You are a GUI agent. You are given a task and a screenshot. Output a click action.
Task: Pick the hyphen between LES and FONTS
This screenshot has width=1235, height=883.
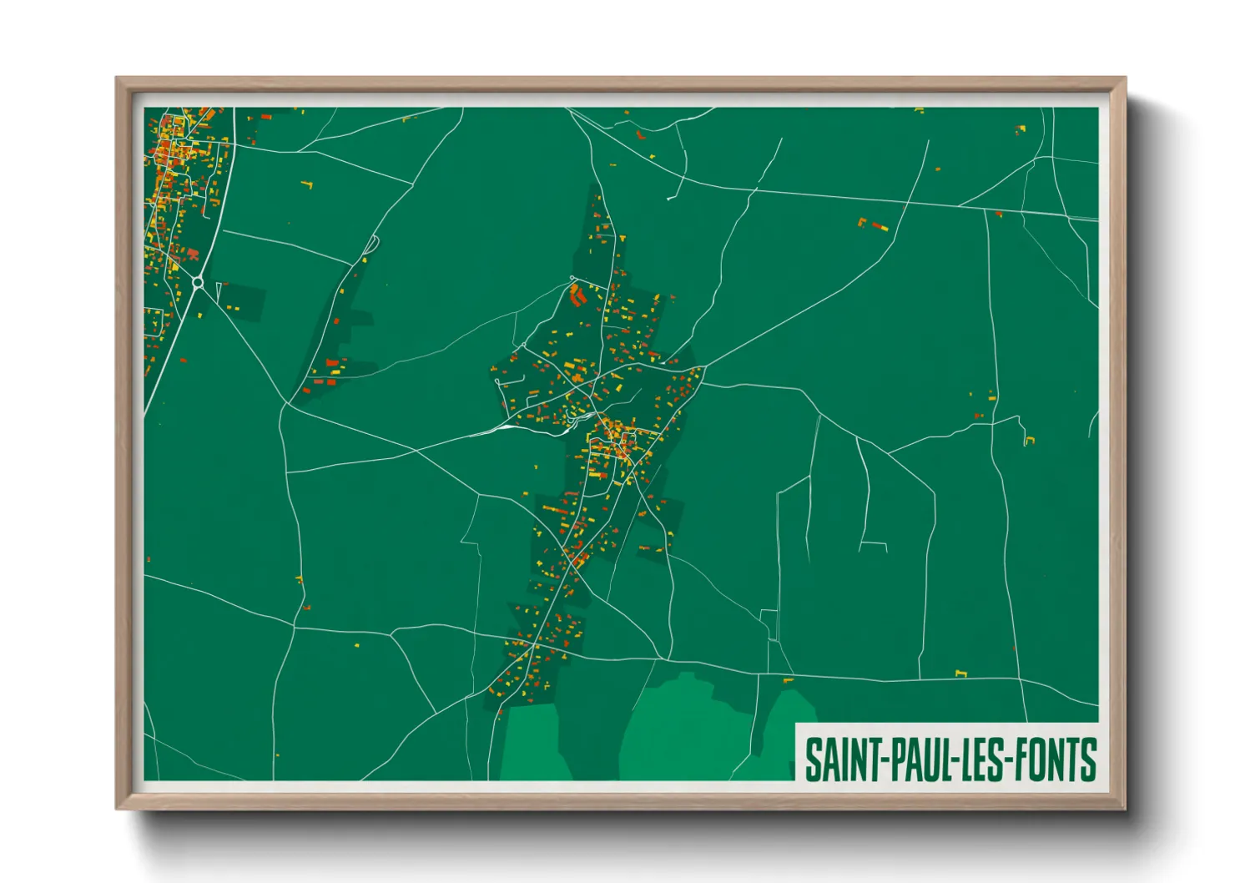(1007, 759)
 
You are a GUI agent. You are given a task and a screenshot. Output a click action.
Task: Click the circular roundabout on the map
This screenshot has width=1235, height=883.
(198, 283)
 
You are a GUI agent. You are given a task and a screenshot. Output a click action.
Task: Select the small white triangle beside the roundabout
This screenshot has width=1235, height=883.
(219, 290)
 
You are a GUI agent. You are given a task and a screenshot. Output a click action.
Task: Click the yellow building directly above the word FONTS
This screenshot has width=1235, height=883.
(960, 673)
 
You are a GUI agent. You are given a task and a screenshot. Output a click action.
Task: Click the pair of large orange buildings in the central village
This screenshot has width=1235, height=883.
(576, 295)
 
